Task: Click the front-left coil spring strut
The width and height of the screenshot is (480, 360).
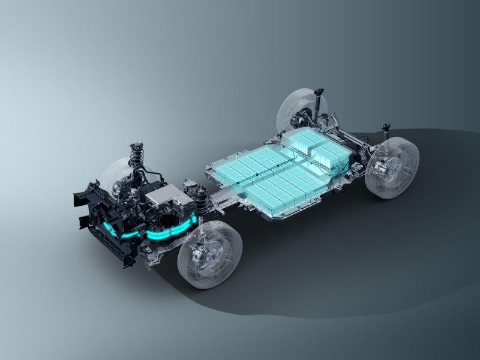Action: tap(136, 157)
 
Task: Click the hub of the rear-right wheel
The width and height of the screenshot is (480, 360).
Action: tap(384, 168)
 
